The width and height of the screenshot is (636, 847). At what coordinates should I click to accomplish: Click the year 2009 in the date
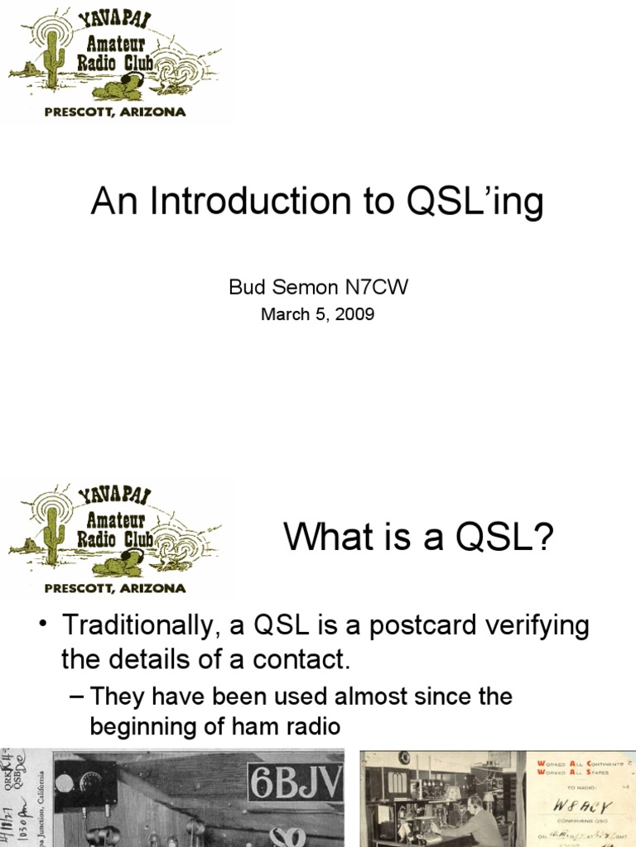coord(357,314)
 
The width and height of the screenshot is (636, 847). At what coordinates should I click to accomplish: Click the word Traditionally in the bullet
coord(149,626)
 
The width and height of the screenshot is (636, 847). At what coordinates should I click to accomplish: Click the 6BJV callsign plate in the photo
coord(295,782)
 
